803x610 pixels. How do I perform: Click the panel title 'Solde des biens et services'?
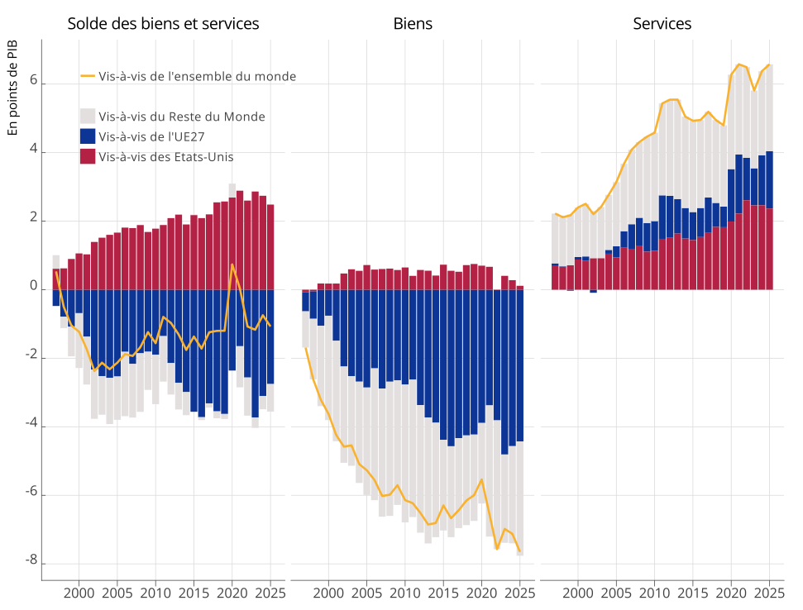[163, 24]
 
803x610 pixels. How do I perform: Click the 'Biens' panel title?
[413, 24]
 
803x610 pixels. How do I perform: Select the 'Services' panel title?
[662, 24]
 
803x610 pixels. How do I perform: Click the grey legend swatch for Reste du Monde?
[88, 117]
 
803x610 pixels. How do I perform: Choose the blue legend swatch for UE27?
[88, 136]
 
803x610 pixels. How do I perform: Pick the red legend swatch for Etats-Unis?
[88, 156]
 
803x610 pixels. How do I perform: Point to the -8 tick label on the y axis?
[31, 562]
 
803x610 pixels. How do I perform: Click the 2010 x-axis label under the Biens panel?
[405, 593]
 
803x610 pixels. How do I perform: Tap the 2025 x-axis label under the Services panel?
[769, 593]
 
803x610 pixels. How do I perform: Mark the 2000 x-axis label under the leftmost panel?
[79, 593]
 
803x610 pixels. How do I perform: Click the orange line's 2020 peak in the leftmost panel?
[232, 264]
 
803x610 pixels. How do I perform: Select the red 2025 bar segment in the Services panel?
[769, 249]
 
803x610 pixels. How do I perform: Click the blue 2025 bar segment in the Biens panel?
[520, 364]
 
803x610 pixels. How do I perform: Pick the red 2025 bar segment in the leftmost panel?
[270, 246]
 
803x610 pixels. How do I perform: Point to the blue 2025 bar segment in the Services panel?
[769, 179]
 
